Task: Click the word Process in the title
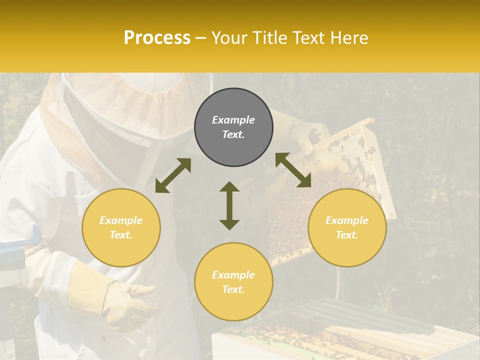(157, 38)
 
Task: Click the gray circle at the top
(233, 127)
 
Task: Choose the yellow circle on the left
(121, 228)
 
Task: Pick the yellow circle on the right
(347, 228)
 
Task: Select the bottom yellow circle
(233, 282)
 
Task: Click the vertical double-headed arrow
(229, 205)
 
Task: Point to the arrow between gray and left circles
(173, 175)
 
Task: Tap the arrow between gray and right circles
(293, 170)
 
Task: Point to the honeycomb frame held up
(325, 200)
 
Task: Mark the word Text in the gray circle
(233, 134)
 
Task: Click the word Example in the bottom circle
(233, 275)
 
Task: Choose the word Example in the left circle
(121, 220)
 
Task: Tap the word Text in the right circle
(347, 235)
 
